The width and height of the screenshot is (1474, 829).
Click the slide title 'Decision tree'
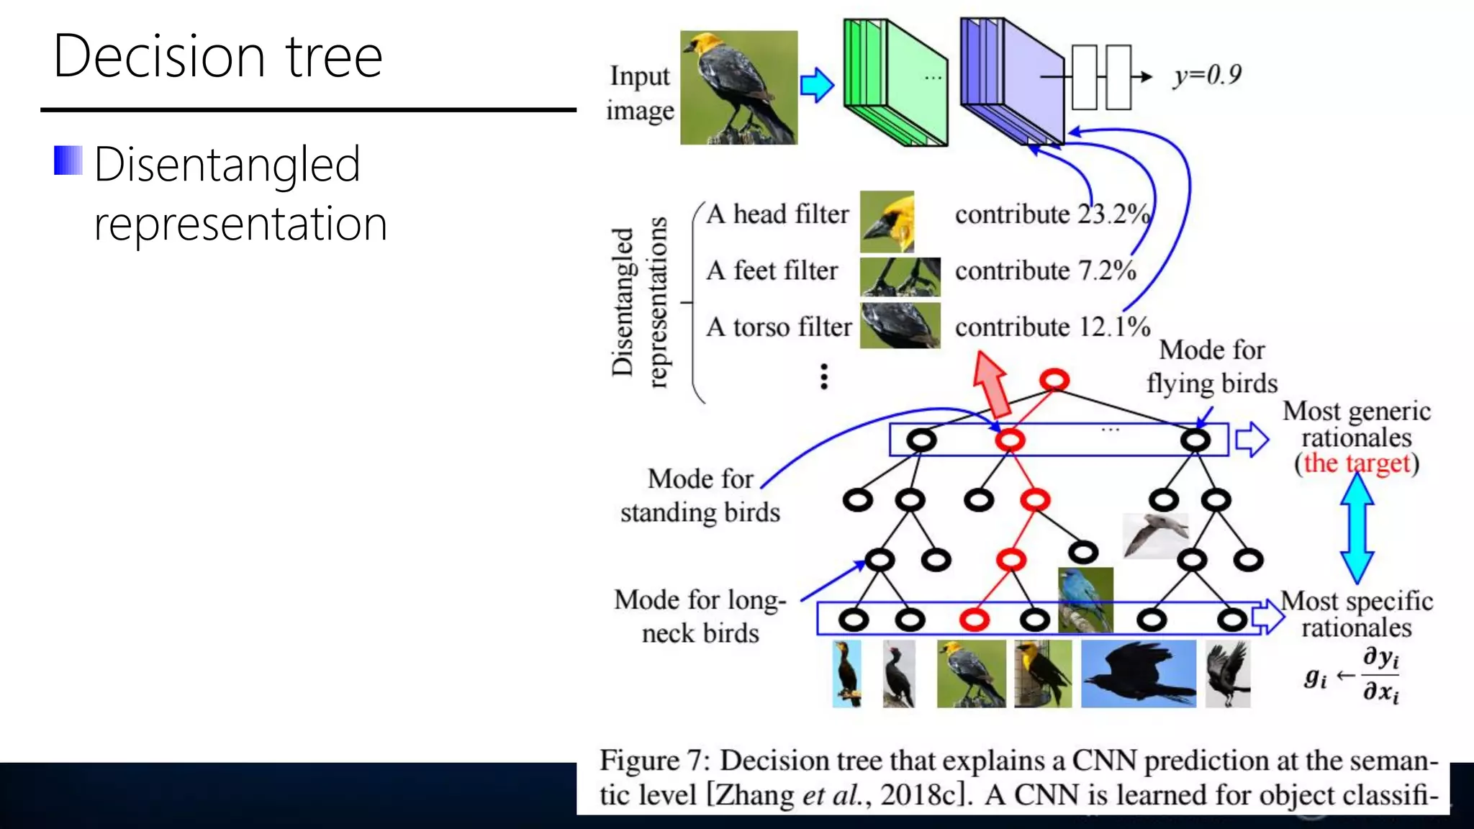217,56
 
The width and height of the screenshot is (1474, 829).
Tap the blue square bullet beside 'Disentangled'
68,160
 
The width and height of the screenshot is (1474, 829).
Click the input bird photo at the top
738,87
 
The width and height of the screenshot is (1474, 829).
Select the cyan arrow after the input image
817,86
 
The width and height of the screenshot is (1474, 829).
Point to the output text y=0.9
1207,75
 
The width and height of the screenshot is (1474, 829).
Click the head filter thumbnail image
887,221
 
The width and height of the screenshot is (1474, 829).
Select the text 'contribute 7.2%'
1045,271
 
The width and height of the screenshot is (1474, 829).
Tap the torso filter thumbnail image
900,325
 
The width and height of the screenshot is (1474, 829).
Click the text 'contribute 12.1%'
1052,327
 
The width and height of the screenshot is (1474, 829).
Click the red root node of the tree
1054,379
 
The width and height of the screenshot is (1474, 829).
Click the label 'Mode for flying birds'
1212,366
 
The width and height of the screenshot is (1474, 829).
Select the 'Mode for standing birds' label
700,495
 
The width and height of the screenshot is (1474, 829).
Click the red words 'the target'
1357,463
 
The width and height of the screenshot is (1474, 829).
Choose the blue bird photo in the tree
1085,599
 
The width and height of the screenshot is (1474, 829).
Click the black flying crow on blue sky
1138,674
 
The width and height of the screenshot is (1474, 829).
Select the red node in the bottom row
975,620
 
